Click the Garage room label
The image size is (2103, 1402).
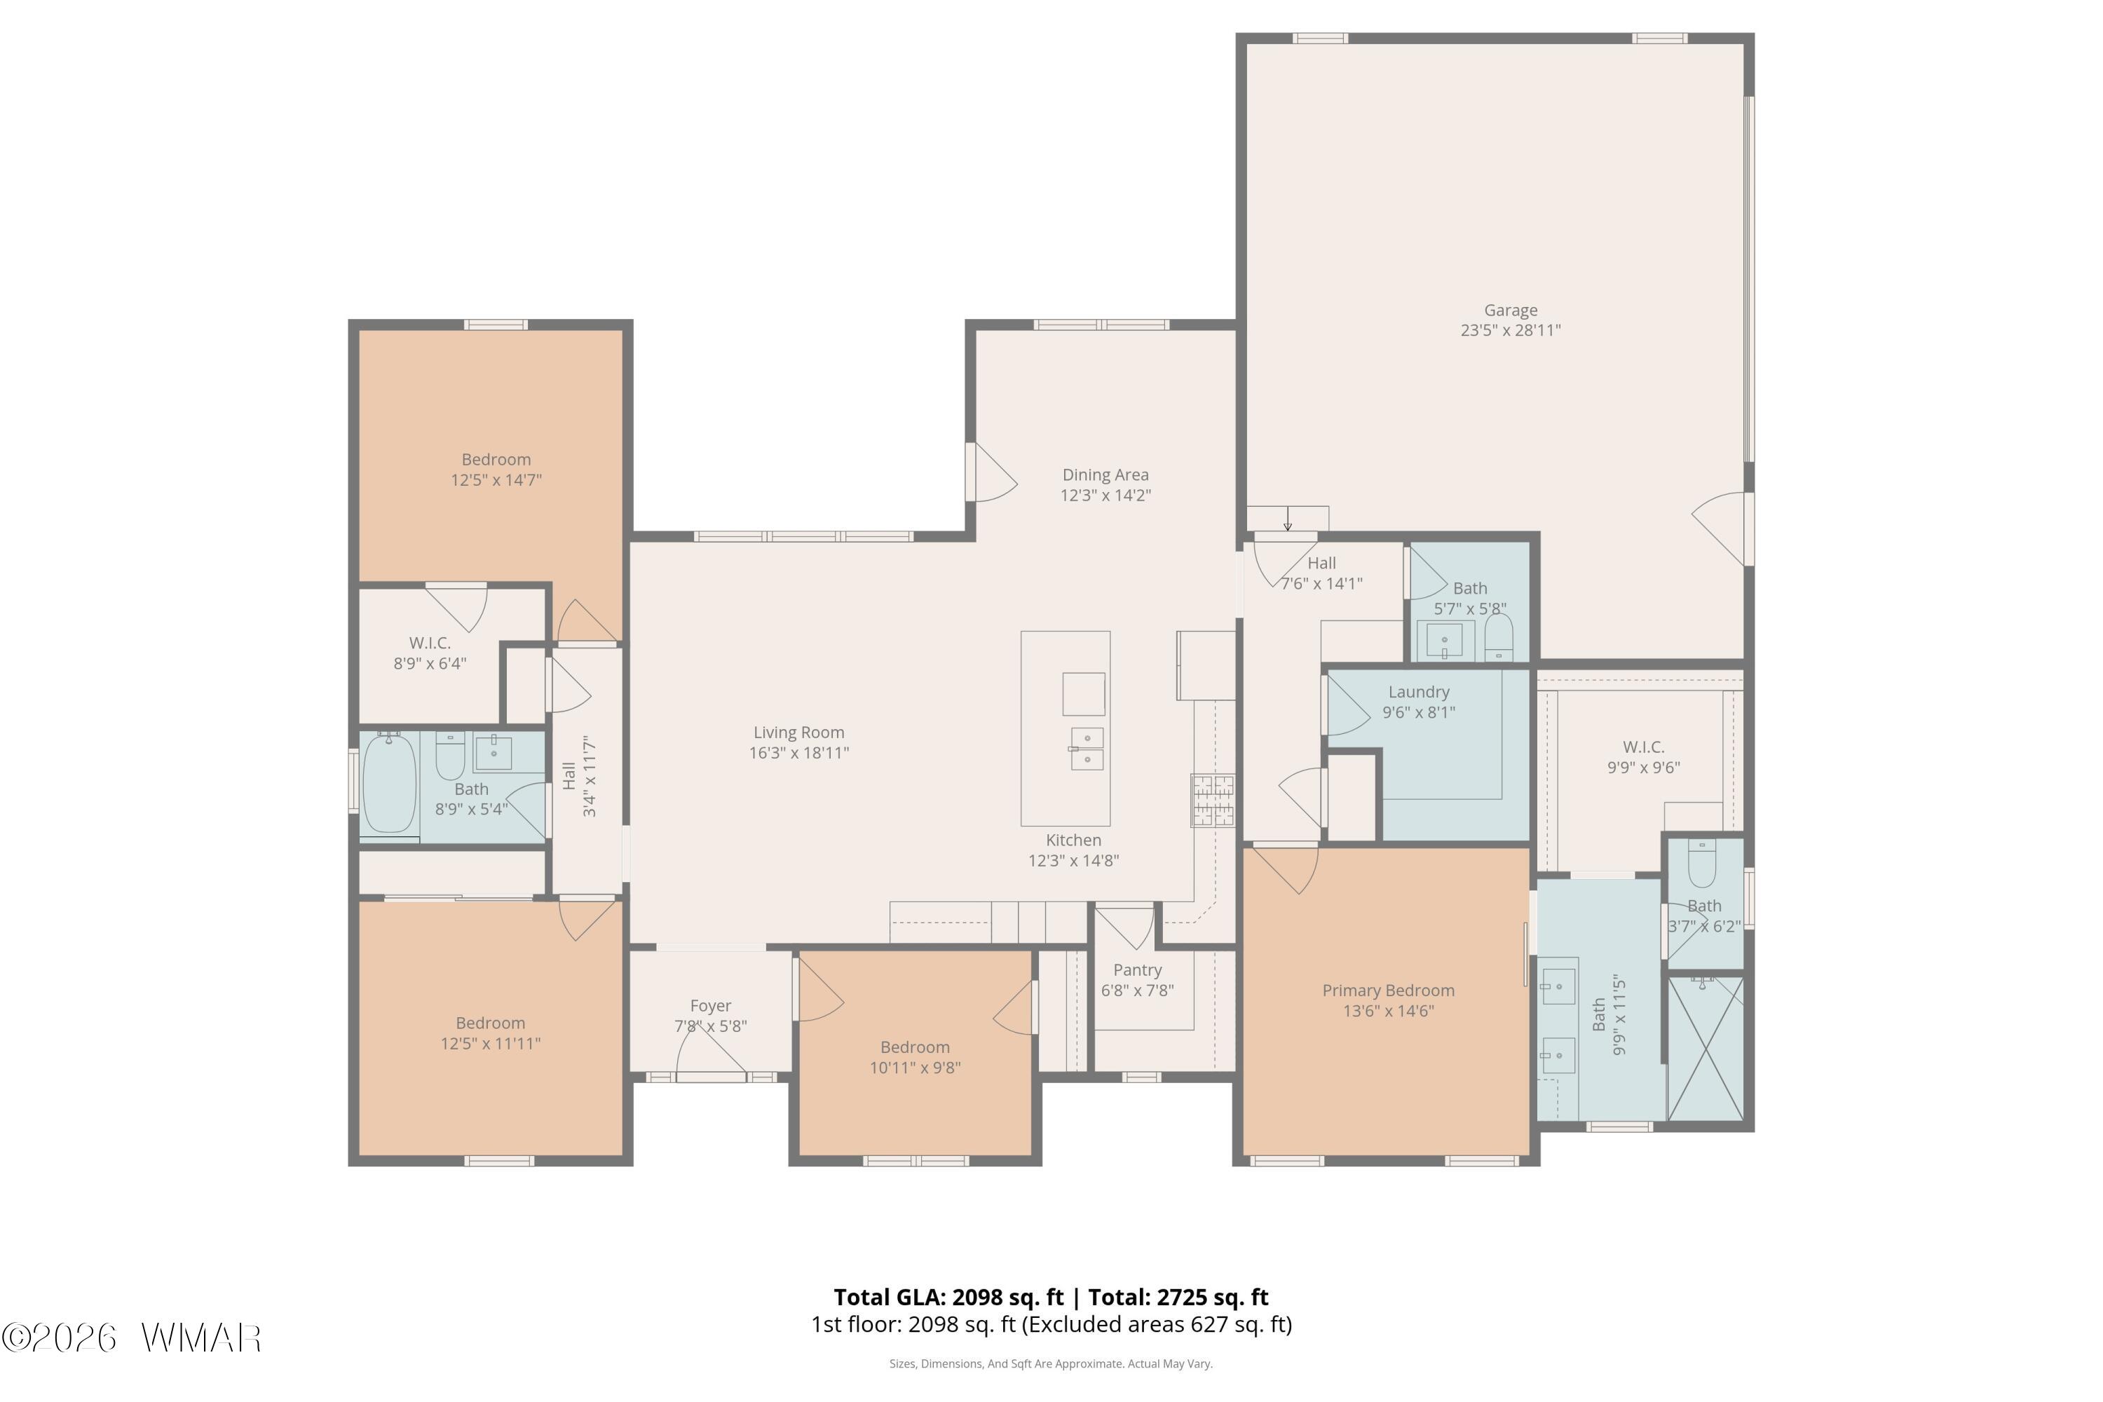tap(1510, 311)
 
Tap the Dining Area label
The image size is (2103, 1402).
tap(1105, 475)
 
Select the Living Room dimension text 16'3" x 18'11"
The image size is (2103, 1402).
tap(798, 753)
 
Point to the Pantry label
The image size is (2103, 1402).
tap(1137, 970)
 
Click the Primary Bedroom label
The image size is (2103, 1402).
tap(1388, 991)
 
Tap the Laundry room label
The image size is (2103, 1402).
tap(1418, 692)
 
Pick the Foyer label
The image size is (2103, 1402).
tap(710, 1006)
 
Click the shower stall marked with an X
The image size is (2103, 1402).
tap(1706, 1048)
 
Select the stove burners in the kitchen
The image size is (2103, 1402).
tap(1213, 801)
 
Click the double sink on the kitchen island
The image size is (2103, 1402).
tap(1087, 749)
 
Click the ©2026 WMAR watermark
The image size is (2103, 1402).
tap(132, 1338)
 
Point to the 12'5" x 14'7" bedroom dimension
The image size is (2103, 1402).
tap(496, 480)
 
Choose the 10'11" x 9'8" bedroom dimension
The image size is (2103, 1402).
tap(915, 1068)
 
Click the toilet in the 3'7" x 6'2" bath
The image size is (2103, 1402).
tap(1701, 862)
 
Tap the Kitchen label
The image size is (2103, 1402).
tap(1073, 840)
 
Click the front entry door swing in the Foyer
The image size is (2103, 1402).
tap(711, 1055)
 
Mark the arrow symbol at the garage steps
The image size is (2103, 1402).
tap(1288, 519)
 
